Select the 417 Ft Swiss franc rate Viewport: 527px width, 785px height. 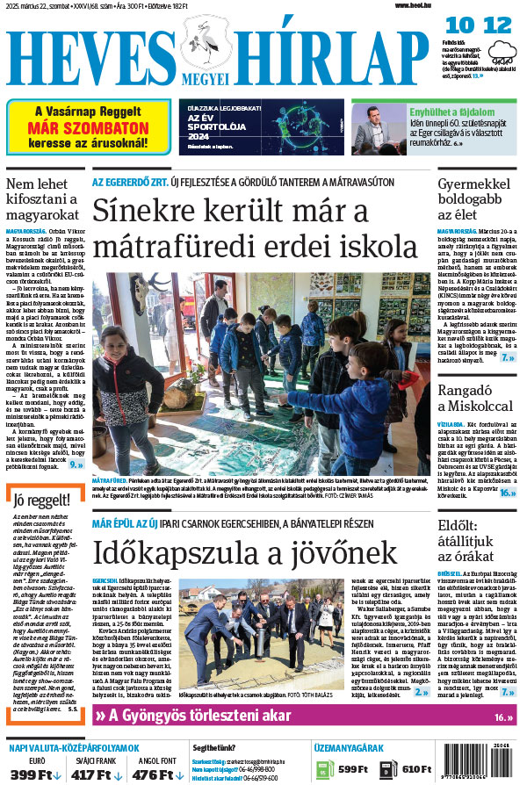(x=97, y=774)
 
